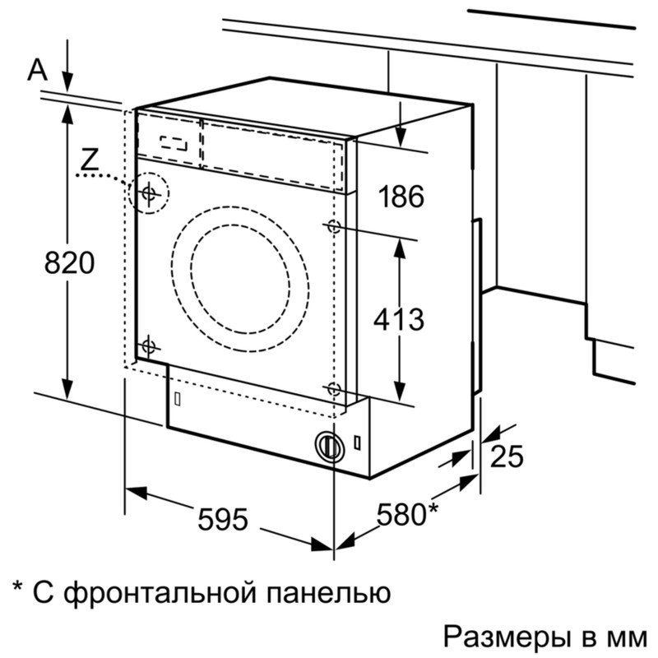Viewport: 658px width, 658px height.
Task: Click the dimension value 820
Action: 69,263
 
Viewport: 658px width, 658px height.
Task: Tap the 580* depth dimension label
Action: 406,514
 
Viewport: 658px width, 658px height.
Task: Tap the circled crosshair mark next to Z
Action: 149,193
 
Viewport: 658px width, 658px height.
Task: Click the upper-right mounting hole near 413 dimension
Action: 333,226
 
